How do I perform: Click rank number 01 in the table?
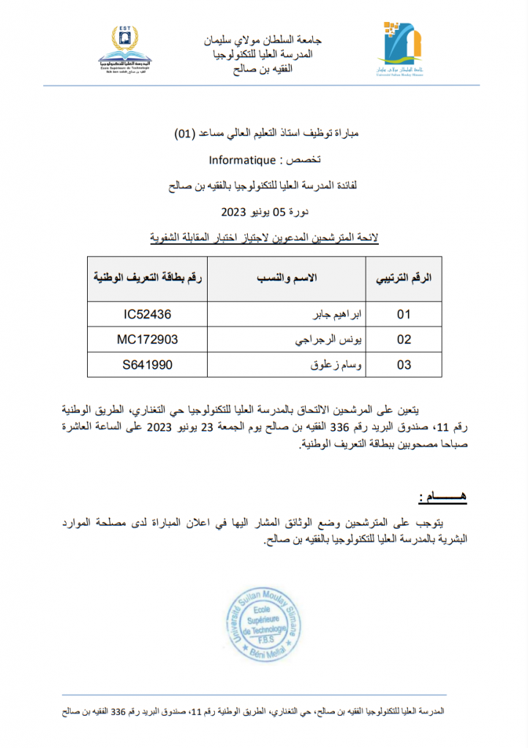click(404, 315)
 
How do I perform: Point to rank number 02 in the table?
click(404, 340)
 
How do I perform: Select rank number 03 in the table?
click(404, 365)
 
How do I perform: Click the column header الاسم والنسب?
click(289, 279)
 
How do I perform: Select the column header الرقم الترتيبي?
click(403, 279)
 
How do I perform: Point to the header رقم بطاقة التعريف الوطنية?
click(148, 279)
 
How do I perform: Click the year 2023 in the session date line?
click(235, 213)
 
